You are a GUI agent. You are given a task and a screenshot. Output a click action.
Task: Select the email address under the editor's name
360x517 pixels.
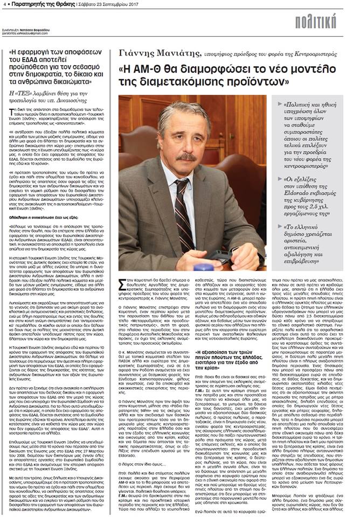[x=25, y=33]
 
